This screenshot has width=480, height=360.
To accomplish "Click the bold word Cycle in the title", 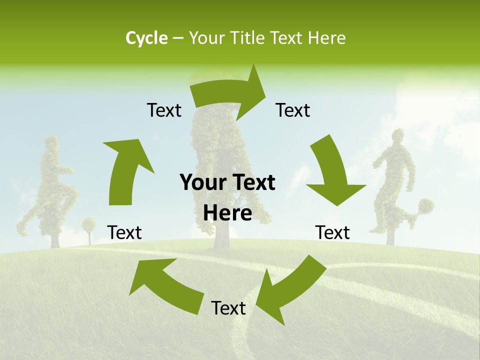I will click(x=146, y=38).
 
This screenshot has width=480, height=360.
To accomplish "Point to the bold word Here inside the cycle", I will click(x=227, y=213).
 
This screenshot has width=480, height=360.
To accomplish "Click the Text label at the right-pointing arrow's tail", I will click(x=164, y=110).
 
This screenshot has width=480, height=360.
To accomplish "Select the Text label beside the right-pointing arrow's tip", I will click(x=293, y=110).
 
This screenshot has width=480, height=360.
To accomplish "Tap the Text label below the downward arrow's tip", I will click(x=332, y=232).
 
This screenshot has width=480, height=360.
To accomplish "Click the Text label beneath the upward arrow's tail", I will click(x=124, y=232).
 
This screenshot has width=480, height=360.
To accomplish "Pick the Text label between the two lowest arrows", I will click(x=228, y=308).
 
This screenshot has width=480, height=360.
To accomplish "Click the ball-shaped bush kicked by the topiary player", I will click(x=426, y=206).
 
